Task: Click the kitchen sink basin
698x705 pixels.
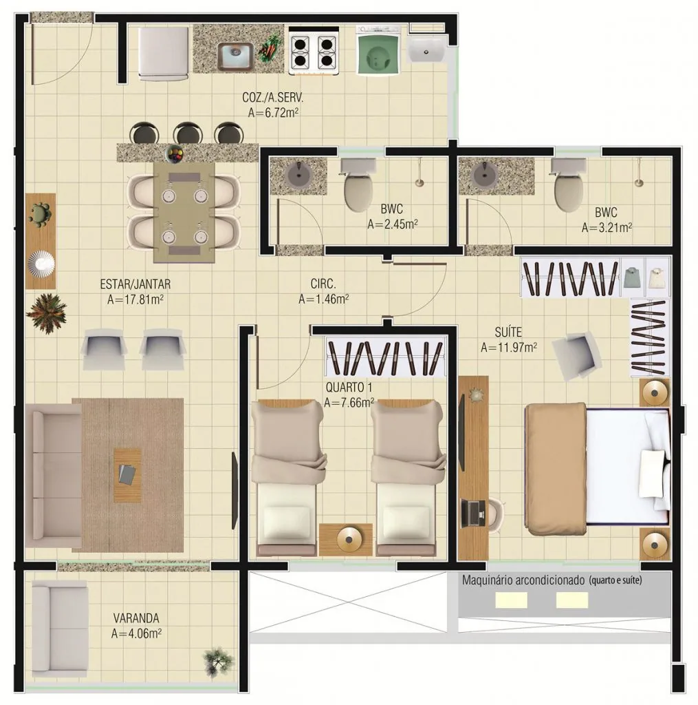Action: (x=235, y=56)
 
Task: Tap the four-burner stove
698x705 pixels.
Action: (x=314, y=51)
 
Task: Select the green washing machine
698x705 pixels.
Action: (x=378, y=50)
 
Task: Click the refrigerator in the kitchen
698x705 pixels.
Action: (x=164, y=54)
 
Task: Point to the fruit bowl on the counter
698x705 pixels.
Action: (x=175, y=154)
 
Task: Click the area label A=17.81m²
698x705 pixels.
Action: (x=135, y=299)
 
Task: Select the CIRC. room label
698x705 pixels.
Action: (x=323, y=284)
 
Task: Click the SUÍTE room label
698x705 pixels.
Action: (x=508, y=333)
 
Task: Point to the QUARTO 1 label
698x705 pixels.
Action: (x=349, y=387)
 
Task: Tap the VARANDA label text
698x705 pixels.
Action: (x=136, y=618)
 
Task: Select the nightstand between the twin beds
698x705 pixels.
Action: (x=346, y=540)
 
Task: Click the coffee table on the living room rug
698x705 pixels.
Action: (x=127, y=475)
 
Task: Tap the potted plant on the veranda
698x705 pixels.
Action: (x=219, y=662)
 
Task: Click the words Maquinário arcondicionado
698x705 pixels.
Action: (x=523, y=580)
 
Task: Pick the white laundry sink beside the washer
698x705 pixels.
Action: (x=427, y=49)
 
